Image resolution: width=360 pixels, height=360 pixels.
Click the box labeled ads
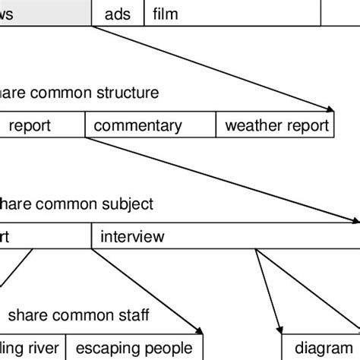[117, 14]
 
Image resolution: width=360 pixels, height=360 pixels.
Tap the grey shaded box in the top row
[46, 14]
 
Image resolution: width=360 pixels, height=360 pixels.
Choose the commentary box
[150, 126]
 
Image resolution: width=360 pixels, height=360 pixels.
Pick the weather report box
[275, 126]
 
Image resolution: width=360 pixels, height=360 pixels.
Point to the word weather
[251, 126]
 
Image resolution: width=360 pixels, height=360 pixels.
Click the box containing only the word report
[42, 126]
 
